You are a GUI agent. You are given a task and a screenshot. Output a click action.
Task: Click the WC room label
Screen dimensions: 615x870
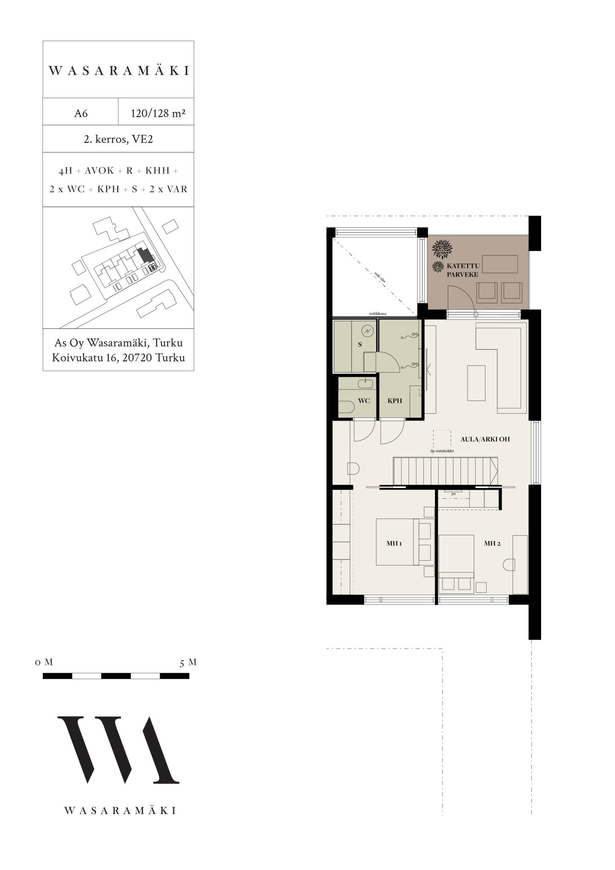[364, 401]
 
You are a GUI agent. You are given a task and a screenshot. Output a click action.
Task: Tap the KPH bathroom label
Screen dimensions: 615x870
[395, 401]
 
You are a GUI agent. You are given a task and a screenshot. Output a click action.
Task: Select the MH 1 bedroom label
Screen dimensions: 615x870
[394, 543]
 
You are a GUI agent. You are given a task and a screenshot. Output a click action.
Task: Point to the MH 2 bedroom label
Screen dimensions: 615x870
[492, 543]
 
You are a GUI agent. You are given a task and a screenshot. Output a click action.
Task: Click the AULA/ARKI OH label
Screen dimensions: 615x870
[485, 439]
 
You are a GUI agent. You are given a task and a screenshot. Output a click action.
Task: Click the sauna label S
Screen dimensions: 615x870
[360, 345]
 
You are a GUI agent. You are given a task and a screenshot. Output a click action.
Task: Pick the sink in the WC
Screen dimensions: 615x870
[366, 384]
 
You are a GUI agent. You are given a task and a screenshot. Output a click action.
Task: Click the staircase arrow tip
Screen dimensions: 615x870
[497, 471]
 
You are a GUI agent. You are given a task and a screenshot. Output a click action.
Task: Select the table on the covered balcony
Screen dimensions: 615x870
[500, 264]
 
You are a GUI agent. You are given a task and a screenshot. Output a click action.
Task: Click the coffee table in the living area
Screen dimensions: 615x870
[476, 382]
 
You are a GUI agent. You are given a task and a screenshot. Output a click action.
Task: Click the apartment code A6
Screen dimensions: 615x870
[81, 113]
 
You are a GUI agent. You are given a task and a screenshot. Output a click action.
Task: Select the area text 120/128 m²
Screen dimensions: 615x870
[158, 113]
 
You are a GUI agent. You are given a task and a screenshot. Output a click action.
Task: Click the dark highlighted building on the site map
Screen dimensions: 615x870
[145, 255]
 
